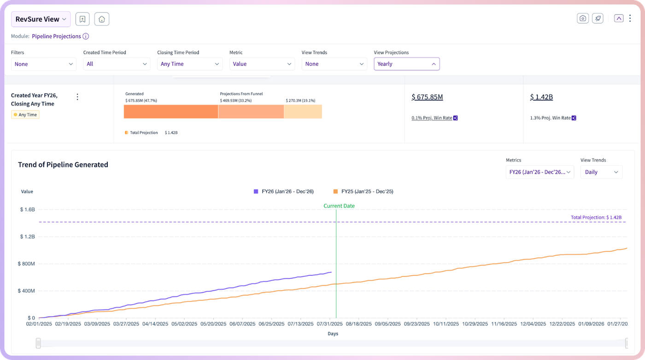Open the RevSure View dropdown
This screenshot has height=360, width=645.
point(41,19)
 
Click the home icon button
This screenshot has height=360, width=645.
point(102,19)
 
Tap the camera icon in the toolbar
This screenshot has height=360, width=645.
point(582,18)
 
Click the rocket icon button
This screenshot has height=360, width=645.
point(598,18)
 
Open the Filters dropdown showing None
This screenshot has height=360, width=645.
point(43,64)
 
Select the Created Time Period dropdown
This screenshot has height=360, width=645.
point(117,64)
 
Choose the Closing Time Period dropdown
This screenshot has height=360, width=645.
point(190,64)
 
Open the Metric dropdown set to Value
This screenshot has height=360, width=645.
point(262,64)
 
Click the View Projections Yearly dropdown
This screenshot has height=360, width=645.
point(406,64)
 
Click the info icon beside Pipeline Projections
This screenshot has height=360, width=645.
point(86,36)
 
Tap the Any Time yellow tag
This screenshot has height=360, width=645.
point(25,115)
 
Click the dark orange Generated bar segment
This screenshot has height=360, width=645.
point(171,112)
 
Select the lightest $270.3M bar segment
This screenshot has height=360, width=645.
point(303,112)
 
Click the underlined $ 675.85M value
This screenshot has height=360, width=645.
point(428,97)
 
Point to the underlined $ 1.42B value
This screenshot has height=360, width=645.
point(541,97)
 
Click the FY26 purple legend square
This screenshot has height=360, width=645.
point(256,191)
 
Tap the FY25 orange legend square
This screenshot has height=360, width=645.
point(335,191)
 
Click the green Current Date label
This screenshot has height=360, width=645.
point(339,206)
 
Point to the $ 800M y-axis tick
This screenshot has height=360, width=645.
point(26,264)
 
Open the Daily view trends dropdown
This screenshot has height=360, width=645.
point(602,172)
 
